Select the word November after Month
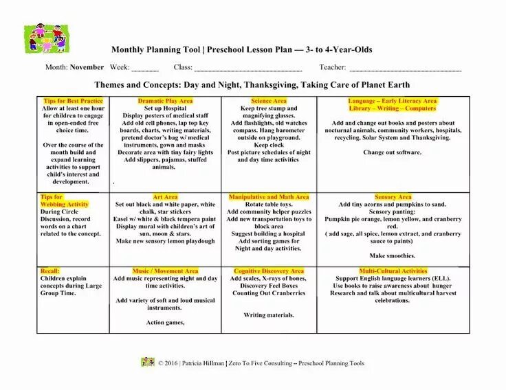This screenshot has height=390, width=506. (x=87, y=67)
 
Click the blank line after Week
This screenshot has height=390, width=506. (x=145, y=69)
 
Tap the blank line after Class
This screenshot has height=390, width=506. (x=248, y=69)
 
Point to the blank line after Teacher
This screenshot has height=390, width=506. (x=406, y=69)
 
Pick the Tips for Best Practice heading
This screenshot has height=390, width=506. (x=73, y=101)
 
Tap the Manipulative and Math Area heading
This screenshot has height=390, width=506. (x=269, y=197)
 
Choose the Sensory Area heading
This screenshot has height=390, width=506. (x=393, y=197)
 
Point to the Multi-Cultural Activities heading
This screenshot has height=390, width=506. (x=393, y=271)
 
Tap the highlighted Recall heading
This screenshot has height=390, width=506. (x=49, y=271)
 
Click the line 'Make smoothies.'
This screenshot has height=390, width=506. (x=393, y=255)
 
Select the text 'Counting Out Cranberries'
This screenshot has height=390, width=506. (x=269, y=293)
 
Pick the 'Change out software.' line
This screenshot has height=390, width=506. (x=393, y=152)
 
